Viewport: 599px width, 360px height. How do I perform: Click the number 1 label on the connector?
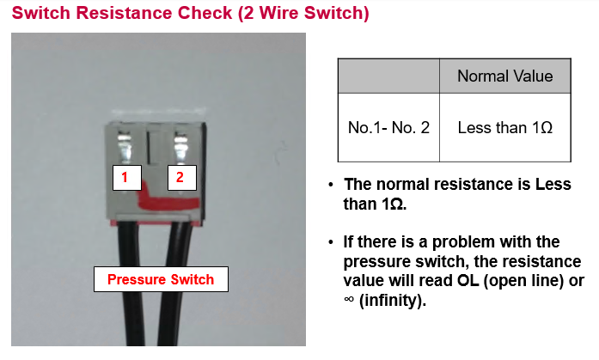tap(127, 178)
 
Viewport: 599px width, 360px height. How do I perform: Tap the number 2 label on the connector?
tap(182, 178)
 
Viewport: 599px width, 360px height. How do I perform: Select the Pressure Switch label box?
tap(161, 279)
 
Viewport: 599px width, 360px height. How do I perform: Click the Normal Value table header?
tap(505, 76)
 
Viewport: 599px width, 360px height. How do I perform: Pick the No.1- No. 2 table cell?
tap(388, 127)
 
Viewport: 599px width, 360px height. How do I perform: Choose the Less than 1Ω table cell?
tap(505, 127)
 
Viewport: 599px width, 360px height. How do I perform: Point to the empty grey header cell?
tap(388, 76)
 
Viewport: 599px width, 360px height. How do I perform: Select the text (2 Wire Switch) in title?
tap(303, 13)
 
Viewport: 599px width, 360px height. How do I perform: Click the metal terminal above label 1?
tap(125, 146)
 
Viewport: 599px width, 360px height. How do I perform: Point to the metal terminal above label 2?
tap(180, 146)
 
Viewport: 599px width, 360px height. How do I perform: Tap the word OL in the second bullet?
tap(468, 281)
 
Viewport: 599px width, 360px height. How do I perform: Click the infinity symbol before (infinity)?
tap(349, 299)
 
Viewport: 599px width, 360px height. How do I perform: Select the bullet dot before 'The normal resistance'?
tap(331, 185)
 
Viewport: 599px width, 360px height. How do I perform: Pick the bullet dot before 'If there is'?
tap(331, 242)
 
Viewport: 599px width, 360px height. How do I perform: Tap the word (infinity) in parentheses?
tap(393, 301)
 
